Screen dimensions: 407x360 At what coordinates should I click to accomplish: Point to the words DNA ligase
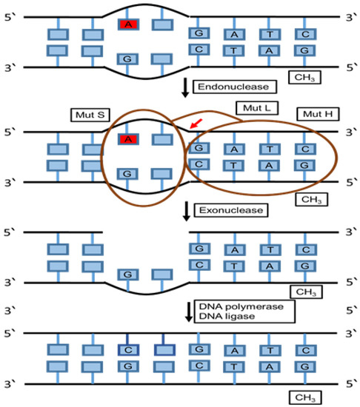tap(222, 317)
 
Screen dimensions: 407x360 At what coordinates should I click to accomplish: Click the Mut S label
tap(91, 115)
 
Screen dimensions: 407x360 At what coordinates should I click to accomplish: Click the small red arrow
tap(194, 127)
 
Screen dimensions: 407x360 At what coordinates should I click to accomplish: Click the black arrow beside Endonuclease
tap(185, 89)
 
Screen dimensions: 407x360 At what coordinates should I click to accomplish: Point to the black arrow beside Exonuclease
tap(185, 212)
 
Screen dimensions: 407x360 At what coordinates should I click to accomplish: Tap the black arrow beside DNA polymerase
tap(185, 311)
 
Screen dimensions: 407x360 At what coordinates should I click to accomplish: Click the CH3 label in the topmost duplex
tap(306, 76)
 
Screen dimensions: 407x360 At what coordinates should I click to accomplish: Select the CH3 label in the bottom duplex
tap(306, 397)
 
